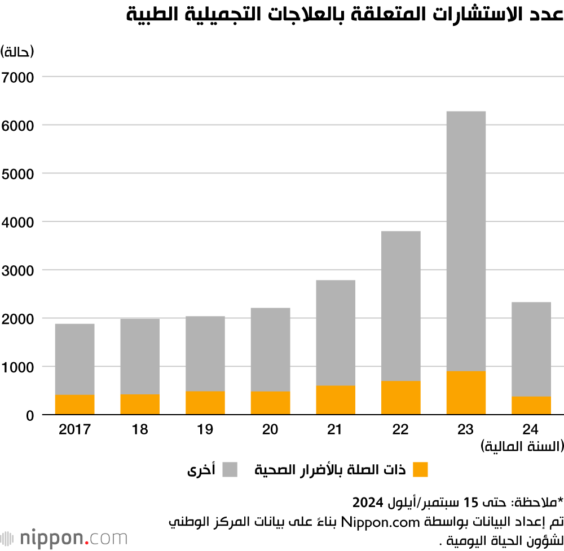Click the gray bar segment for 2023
(466, 241)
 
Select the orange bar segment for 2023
(466, 393)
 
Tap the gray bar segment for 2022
(400, 306)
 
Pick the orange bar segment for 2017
(74, 405)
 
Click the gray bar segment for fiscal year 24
(531, 349)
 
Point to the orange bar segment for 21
(336, 400)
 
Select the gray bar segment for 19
(205, 354)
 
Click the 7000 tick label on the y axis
(19, 77)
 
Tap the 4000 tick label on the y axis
(19, 222)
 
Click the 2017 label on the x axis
(74, 430)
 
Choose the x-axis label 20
(270, 430)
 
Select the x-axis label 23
(466, 430)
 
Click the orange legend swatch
(421, 469)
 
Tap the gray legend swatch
(230, 469)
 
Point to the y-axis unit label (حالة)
(17, 52)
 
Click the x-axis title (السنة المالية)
(522, 447)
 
